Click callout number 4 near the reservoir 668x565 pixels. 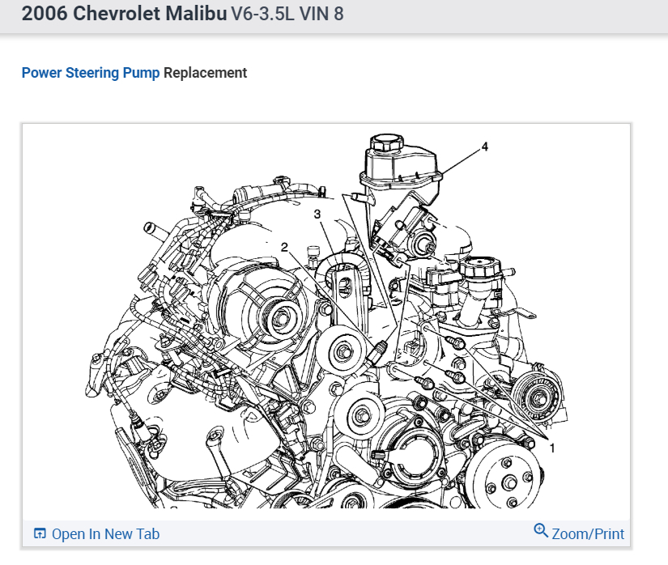[484, 147]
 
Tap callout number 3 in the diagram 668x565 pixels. [317, 214]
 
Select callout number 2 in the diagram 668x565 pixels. [284, 247]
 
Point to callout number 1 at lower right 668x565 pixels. [552, 448]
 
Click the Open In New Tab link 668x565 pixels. [105, 534]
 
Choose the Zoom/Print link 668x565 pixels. [588, 534]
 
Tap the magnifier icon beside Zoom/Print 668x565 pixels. [541, 530]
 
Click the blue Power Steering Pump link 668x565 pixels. [91, 73]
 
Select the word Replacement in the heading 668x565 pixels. [206, 73]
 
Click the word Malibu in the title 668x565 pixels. [197, 13]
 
